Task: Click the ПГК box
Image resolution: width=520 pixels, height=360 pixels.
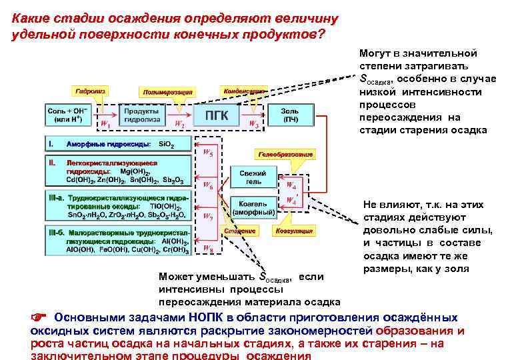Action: tap(217, 115)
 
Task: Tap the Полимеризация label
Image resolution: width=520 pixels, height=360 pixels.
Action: tap(166, 92)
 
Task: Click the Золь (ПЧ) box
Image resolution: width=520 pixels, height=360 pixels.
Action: tap(290, 115)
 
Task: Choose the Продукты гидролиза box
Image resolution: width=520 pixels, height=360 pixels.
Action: tap(142, 115)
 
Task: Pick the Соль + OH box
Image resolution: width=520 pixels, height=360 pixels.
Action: tap(67, 115)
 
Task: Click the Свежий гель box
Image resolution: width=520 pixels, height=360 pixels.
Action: tap(254, 177)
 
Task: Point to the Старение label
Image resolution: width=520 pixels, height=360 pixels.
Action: tap(240, 231)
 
